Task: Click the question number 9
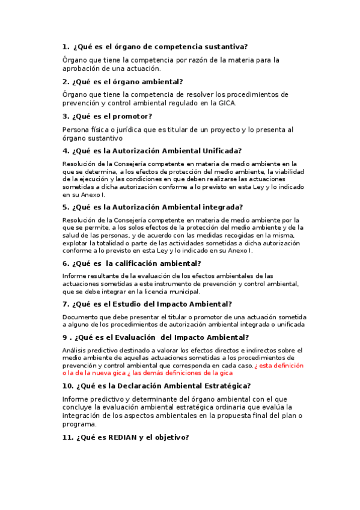coord(64,337)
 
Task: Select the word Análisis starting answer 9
coord(76,350)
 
